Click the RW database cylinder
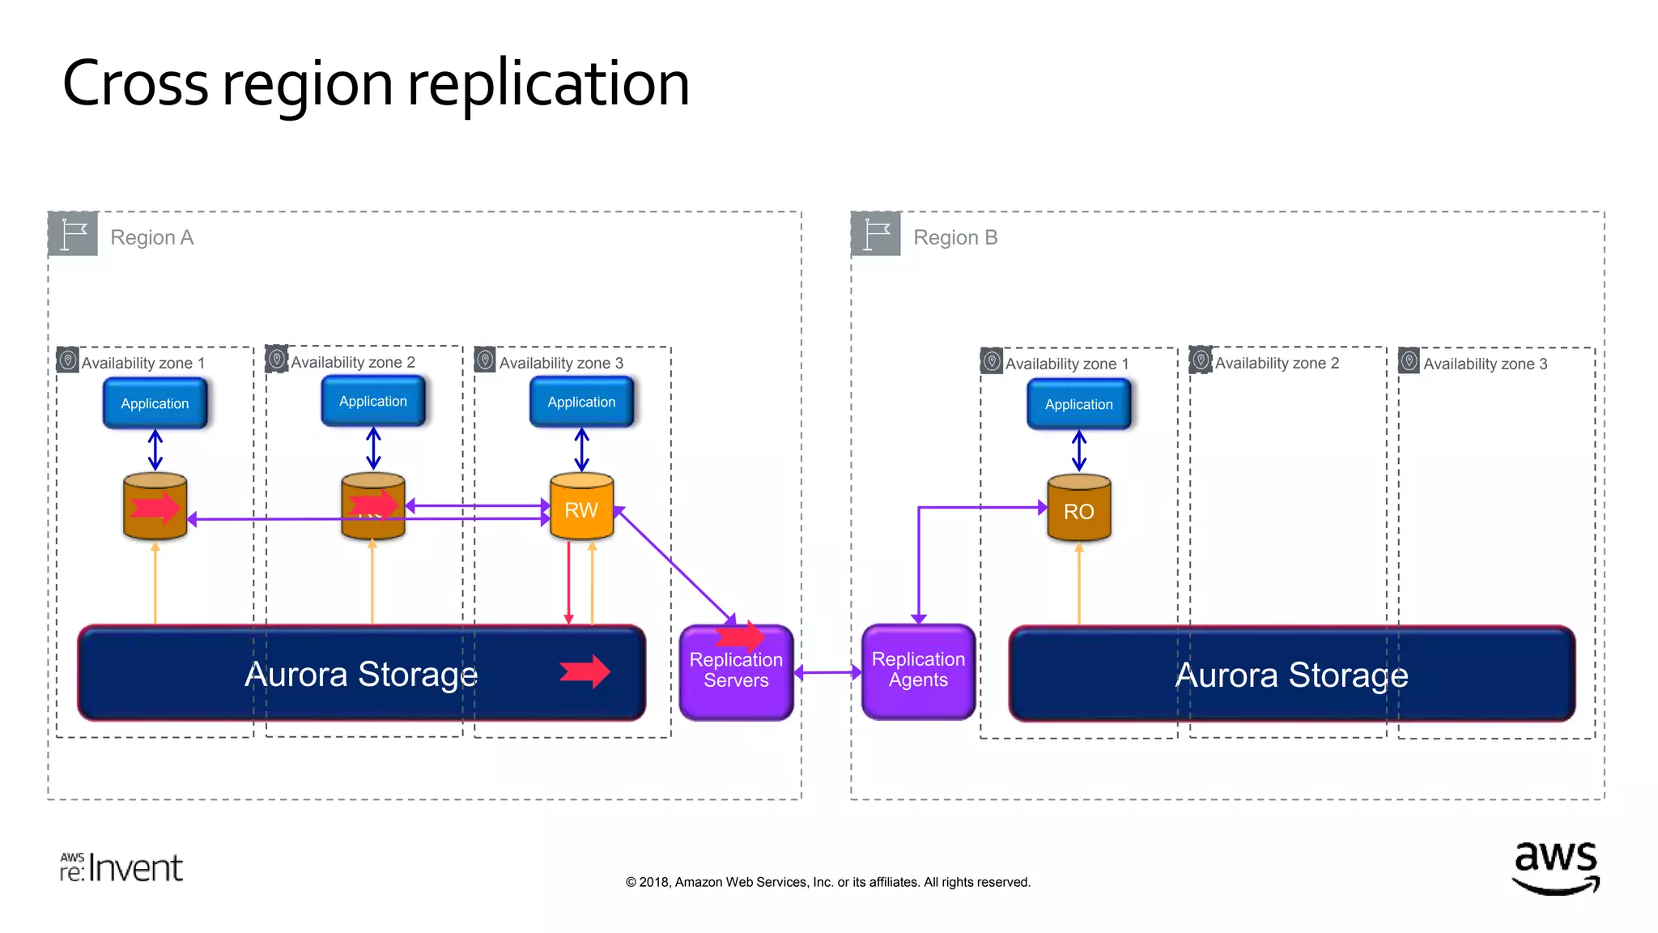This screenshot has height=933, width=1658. [581, 508]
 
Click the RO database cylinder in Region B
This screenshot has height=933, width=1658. [1078, 509]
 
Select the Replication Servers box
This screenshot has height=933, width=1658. [736, 672]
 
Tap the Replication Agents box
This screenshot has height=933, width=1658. [918, 671]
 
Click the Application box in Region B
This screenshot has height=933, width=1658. [1078, 404]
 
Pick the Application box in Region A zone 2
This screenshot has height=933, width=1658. [373, 402]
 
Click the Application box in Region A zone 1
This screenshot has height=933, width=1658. [155, 403]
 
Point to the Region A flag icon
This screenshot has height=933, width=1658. [74, 235]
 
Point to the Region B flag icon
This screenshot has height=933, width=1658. [876, 235]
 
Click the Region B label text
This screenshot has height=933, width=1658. [955, 237]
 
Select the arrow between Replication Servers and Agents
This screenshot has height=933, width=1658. [827, 671]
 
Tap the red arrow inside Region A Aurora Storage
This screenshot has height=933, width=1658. [585, 671]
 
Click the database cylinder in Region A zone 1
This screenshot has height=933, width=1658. [155, 507]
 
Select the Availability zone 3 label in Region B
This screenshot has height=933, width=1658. [1485, 364]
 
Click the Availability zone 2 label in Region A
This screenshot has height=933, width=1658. [353, 362]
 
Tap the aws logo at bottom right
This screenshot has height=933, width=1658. [1555, 867]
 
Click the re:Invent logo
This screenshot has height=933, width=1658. [121, 867]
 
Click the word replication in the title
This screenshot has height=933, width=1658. [548, 84]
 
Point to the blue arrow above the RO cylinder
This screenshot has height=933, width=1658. [1078, 451]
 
